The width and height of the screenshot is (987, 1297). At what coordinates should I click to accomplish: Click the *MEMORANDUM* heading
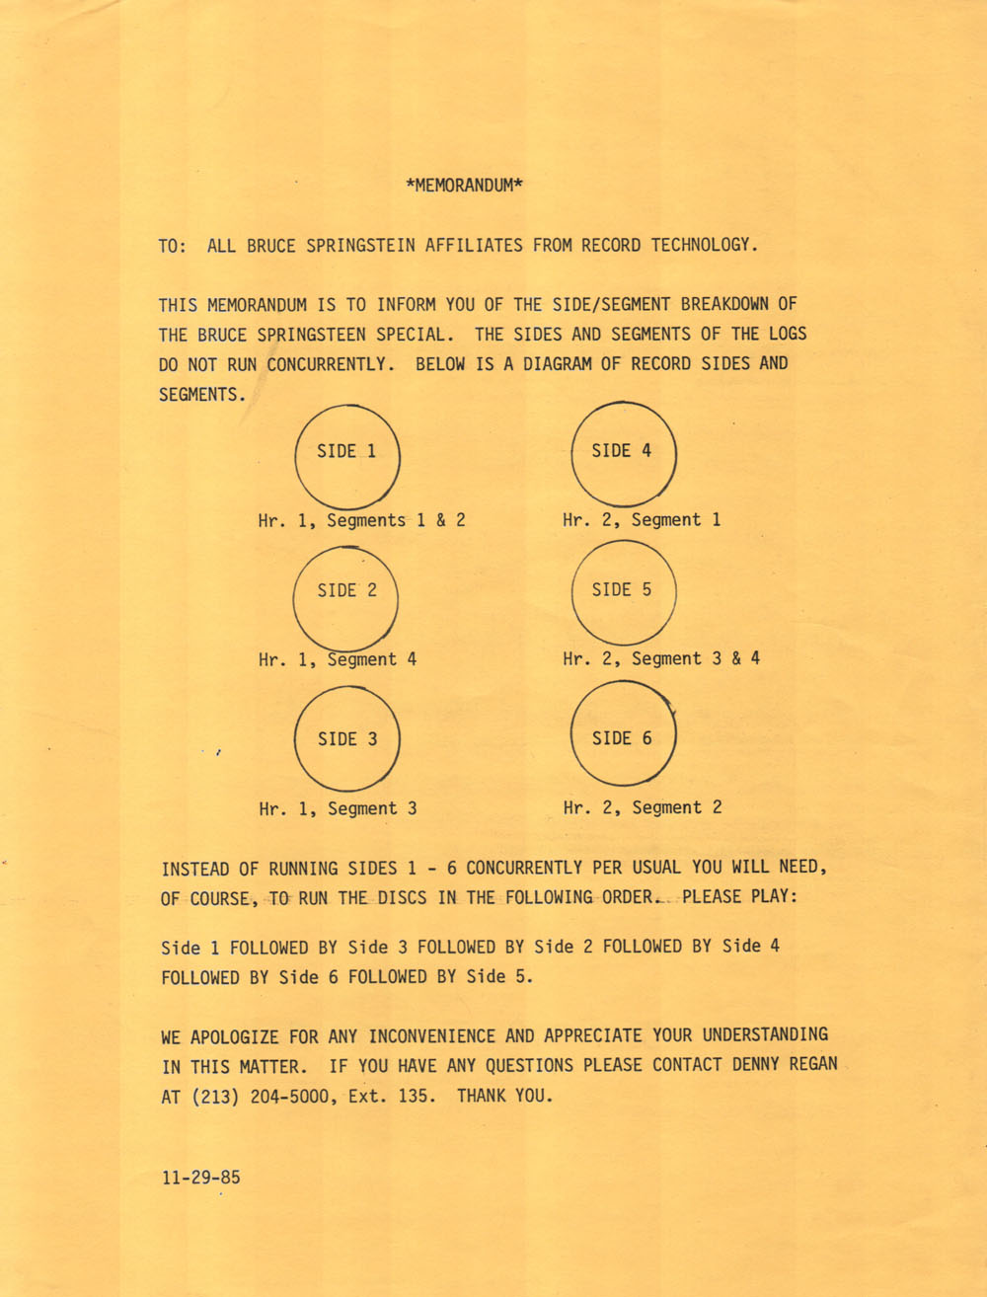(464, 185)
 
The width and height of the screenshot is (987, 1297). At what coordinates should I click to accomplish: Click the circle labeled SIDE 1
(347, 457)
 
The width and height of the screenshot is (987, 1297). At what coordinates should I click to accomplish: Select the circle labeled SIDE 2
(345, 598)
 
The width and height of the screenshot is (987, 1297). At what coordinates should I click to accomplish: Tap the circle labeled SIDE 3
(347, 738)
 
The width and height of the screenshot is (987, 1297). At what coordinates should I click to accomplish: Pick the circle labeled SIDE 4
(624, 453)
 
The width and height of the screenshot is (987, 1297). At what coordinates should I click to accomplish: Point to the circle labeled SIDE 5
(624, 592)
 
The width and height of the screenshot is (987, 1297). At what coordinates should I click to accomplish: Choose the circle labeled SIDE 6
(624, 735)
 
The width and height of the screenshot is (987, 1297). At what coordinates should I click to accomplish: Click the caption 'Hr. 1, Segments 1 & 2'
(361, 520)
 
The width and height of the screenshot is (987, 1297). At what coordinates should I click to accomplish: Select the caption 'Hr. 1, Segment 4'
(338, 659)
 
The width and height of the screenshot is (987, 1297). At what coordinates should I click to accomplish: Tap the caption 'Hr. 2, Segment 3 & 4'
(661, 658)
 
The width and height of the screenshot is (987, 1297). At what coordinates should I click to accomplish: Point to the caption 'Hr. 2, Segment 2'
(643, 807)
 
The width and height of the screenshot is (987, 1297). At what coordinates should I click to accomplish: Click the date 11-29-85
(200, 1178)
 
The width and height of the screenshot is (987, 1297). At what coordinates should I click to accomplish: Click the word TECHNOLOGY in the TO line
(704, 245)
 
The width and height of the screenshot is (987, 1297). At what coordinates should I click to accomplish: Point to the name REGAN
(813, 1065)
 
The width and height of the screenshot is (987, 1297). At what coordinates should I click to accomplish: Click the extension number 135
(414, 1097)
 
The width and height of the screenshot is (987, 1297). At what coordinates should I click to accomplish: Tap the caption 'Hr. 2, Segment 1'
(642, 520)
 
